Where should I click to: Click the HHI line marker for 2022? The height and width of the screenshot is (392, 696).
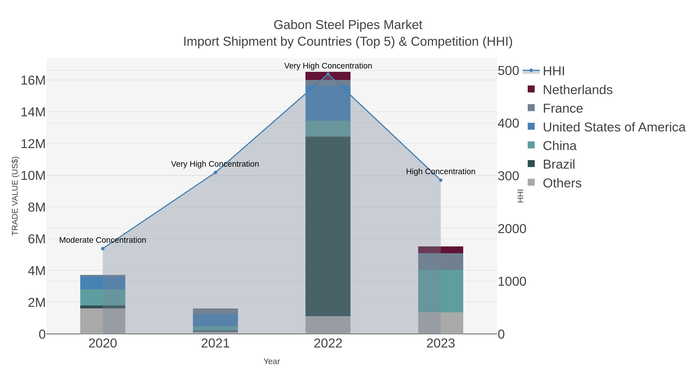(328, 74)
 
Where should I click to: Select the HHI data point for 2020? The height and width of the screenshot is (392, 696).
(103, 249)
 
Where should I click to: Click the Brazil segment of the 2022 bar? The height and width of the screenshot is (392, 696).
(328, 226)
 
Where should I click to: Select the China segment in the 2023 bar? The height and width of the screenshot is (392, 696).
(441, 291)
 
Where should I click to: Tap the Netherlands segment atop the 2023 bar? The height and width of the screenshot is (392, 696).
(441, 250)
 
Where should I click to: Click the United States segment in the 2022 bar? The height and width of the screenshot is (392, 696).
(328, 103)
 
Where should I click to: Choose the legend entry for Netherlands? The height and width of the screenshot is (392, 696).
(577, 90)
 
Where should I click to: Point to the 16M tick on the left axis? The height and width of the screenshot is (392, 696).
(33, 80)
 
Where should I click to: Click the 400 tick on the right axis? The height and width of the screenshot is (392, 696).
(508, 123)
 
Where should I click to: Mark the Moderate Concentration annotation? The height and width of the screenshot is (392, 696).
(103, 240)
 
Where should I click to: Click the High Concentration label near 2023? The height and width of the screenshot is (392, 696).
(441, 172)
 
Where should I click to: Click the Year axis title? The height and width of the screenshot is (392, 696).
(272, 361)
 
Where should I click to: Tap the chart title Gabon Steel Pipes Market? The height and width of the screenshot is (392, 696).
(348, 25)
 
